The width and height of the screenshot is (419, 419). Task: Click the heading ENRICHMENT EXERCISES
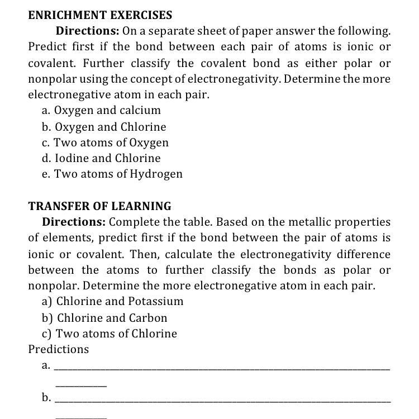pos(100,15)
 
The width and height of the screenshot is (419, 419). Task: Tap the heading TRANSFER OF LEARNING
pos(99,206)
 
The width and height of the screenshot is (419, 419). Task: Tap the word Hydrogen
pos(156,174)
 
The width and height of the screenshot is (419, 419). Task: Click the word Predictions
pos(59,349)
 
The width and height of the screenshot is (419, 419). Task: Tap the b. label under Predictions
pos(46,398)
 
